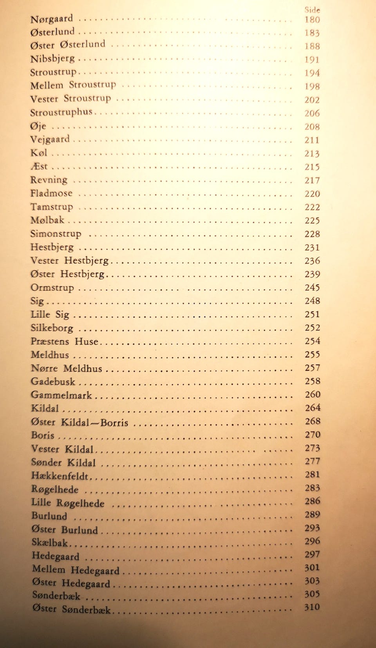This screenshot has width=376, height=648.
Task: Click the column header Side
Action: [312, 10]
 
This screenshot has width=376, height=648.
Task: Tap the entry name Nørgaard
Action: [52, 19]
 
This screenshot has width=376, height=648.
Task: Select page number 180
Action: [312, 20]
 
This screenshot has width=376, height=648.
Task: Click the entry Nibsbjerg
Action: [52, 59]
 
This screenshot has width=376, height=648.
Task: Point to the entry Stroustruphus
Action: [61, 112]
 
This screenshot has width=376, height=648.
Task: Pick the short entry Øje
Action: [38, 126]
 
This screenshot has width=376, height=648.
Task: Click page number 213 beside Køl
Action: [312, 153]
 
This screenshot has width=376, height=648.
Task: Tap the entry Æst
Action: [39, 166]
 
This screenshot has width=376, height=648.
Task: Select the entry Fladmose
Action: [51, 193]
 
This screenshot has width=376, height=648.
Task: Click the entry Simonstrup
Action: [56, 234]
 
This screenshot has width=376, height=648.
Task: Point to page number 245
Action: [312, 288]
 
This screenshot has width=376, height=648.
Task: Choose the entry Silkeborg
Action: [52, 328]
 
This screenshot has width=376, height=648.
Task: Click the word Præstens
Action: [50, 341]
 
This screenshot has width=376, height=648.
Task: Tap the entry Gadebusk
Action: [53, 382]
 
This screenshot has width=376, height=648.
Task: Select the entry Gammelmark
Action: [61, 395]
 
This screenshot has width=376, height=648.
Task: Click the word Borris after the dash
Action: [114, 422]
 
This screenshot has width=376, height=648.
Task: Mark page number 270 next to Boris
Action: [313, 435]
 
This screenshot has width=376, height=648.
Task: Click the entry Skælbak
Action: [50, 543]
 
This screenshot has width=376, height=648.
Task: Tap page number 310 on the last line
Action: [312, 607]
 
